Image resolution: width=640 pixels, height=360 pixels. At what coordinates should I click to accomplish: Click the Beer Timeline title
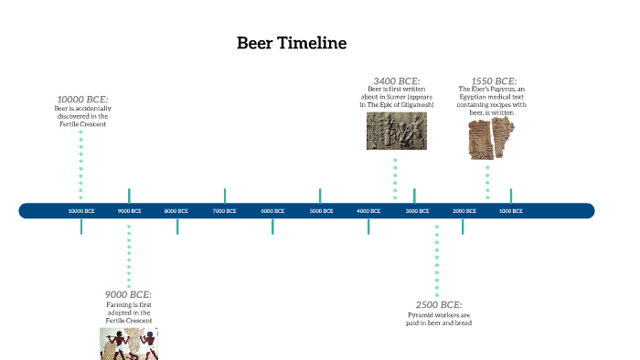[292, 43]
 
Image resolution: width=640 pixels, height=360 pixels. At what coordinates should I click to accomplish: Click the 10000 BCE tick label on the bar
[81, 211]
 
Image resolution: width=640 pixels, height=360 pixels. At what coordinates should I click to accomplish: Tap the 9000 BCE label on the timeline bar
[129, 211]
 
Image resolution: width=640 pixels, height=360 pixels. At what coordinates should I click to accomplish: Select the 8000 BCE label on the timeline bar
[176, 211]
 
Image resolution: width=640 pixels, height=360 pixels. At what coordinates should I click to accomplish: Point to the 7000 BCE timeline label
[224, 211]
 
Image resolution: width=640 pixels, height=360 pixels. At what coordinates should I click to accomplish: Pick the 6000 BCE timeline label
[272, 211]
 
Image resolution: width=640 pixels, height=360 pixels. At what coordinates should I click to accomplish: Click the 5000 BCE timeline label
[320, 211]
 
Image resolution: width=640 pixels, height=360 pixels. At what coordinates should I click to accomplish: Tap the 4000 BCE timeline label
[368, 211]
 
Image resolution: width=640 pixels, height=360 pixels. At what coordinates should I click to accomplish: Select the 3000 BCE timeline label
[417, 211]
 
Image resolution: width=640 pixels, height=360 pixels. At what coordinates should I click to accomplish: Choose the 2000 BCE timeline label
[464, 211]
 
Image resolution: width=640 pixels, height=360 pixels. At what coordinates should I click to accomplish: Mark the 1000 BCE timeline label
[510, 211]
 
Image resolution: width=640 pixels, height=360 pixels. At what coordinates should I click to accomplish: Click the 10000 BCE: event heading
[82, 99]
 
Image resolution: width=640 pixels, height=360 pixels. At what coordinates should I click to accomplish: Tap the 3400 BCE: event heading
[397, 80]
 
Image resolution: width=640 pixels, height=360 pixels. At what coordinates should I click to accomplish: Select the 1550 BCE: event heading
[494, 80]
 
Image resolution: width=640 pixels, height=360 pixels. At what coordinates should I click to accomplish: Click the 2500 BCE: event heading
[439, 304]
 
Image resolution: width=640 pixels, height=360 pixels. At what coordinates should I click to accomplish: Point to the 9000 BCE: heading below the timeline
[128, 294]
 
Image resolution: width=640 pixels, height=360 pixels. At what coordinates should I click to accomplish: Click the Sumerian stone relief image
[396, 131]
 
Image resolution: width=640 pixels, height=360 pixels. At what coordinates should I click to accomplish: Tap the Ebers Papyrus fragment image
[487, 138]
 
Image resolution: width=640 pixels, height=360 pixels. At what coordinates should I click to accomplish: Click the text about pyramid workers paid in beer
[439, 319]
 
